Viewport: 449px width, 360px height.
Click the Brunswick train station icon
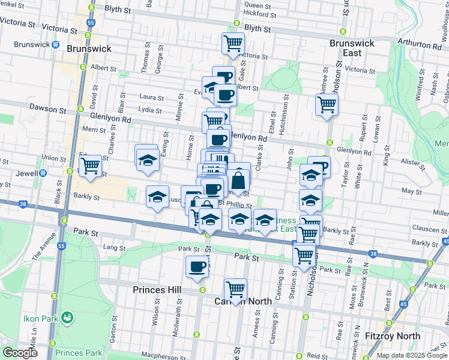[x=56, y=44]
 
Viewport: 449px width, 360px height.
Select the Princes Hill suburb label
[x=157, y=290]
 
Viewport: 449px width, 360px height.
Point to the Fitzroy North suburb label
[x=393, y=336]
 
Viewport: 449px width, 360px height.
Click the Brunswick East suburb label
[x=352, y=48]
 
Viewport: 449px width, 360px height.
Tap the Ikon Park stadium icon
[x=68, y=316]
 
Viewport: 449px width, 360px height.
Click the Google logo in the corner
[x=20, y=353]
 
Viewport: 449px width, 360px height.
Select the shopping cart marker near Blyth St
[x=233, y=43]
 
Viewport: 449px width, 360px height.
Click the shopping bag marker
[x=238, y=179]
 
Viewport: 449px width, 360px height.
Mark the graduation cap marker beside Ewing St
[x=146, y=160]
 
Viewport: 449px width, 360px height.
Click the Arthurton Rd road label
[x=424, y=45]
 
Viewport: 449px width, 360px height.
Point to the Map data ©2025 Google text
[x=412, y=355]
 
